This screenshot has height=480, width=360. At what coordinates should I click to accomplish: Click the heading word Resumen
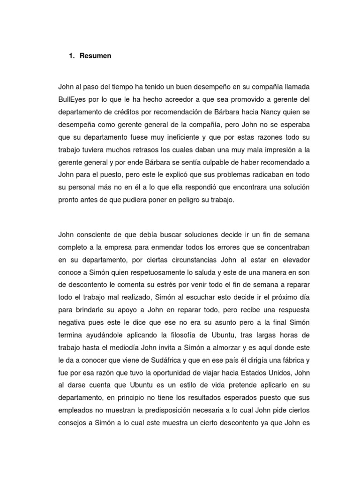pos(96,56)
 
